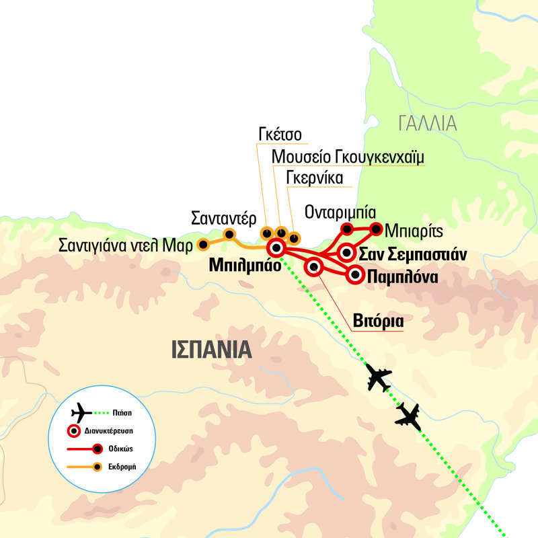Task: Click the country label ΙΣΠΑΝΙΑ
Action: tap(211, 350)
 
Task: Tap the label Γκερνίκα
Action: tap(315, 178)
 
